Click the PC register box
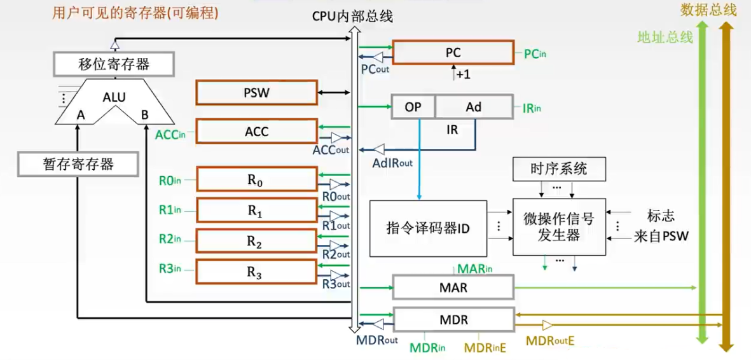[453, 53]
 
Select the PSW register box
[256, 93]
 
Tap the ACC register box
[256, 132]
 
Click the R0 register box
[256, 180]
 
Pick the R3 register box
[256, 272]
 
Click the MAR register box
[453, 287]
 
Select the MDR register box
[453, 319]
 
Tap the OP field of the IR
[413, 107]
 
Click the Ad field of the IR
[474, 107]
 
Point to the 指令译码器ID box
[428, 228]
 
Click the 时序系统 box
[558, 169]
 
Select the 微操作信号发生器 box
[558, 227]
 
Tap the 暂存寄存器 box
[78, 164]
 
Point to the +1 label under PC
[463, 74]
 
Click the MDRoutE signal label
[549, 342]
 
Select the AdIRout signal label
[392, 163]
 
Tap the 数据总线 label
[708, 10]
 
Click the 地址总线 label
[665, 37]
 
